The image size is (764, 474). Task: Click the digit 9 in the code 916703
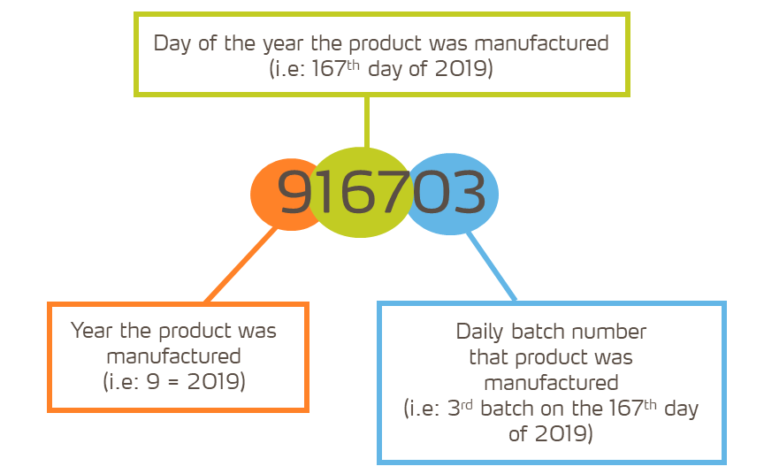click(x=294, y=192)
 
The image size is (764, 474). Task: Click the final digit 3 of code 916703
click(x=469, y=192)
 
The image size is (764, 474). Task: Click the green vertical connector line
click(x=367, y=122)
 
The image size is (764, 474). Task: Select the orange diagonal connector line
click(x=241, y=265)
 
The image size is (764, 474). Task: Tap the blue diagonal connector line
click(x=491, y=266)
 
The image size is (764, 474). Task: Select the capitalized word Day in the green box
click(x=172, y=44)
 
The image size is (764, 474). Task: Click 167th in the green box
click(x=336, y=68)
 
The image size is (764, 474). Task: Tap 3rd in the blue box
click(x=460, y=408)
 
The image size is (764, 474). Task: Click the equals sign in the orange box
click(x=173, y=382)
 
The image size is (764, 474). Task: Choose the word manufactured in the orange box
click(x=173, y=356)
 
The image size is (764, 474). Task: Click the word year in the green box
click(x=284, y=44)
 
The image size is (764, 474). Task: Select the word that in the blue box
click(x=489, y=357)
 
